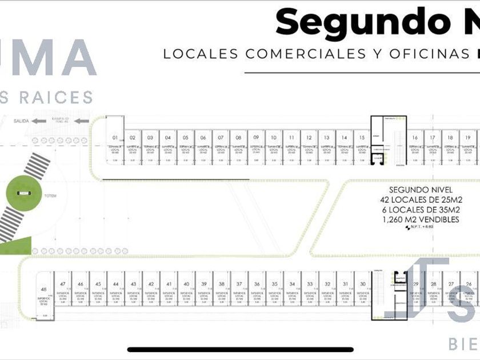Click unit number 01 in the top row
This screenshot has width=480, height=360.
[115, 138]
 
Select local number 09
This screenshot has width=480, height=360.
[256, 138]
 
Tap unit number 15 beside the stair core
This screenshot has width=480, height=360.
[362, 138]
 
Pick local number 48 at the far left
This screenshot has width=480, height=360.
[43, 290]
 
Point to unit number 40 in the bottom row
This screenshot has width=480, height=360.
[186, 284]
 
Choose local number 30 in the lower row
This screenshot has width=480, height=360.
[362, 284]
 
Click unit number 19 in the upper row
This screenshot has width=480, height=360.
[468, 138]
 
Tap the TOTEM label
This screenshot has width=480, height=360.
[50, 195]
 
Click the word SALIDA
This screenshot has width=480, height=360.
[22, 121]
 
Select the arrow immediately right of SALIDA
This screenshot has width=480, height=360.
[39, 121]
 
